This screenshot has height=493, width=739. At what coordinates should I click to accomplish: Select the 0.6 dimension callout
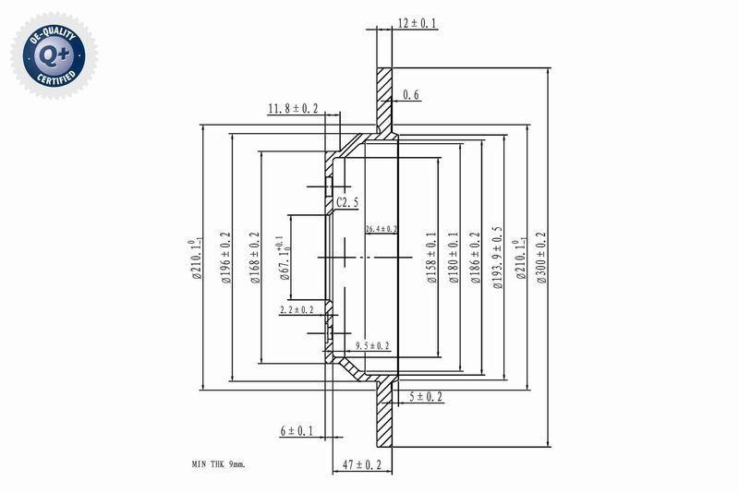tap(411, 94)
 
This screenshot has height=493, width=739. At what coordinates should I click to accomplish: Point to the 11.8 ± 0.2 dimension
tap(293, 109)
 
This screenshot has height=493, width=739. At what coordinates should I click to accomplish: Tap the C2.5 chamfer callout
tap(347, 201)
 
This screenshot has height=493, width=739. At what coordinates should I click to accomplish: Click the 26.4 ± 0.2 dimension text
tap(381, 228)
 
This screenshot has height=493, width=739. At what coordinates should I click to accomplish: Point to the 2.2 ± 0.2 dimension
tap(297, 310)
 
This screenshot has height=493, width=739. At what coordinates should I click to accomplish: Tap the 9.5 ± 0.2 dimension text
tap(372, 345)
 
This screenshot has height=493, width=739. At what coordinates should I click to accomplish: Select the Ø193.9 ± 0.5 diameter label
tap(497, 259)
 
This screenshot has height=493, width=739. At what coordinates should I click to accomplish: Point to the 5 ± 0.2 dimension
tap(425, 397)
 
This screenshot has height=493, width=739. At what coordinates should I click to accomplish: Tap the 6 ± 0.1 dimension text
tap(297, 430)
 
